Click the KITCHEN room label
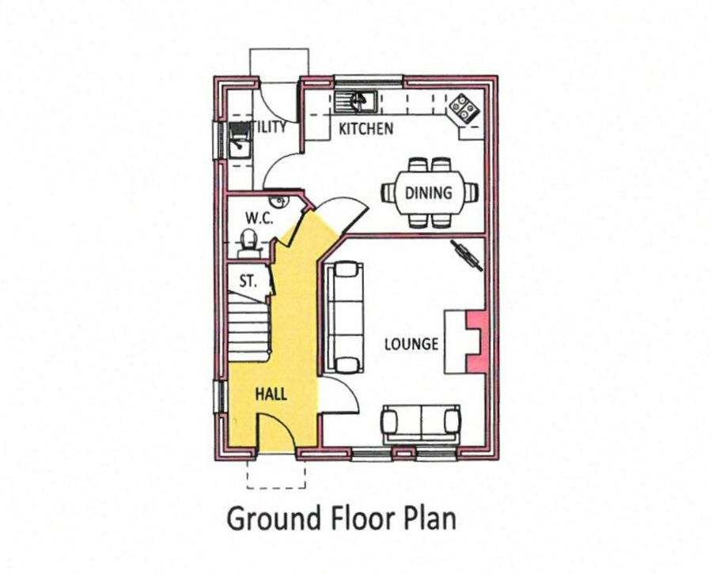(365, 128)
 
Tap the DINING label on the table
(429, 192)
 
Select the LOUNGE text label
(411, 344)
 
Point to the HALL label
(271, 394)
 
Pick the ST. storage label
(248, 280)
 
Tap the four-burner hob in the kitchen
(462, 106)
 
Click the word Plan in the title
(431, 519)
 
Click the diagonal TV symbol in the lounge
(467, 256)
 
